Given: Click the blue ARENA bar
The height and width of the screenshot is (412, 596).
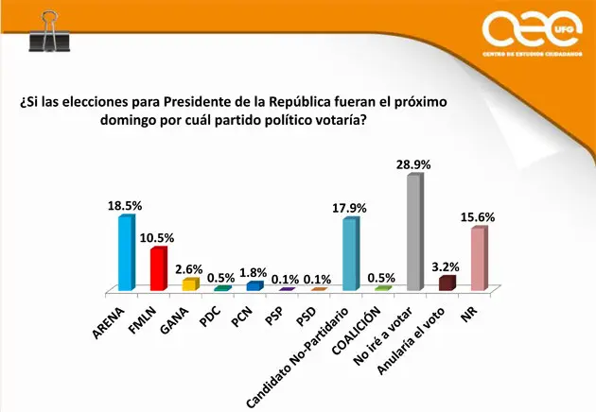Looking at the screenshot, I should (125, 252).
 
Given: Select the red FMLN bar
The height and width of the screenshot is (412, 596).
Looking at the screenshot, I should (158, 267).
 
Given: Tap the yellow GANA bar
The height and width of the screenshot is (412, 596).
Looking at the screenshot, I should (189, 283).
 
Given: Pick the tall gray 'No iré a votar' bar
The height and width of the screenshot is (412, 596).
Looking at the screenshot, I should (412, 232).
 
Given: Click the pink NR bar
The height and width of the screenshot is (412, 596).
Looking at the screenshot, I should (478, 258).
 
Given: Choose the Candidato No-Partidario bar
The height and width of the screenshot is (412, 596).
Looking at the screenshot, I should (349, 253).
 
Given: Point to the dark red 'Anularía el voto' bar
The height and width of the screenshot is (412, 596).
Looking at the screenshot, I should (446, 283).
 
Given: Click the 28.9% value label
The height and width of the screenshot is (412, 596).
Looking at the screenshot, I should (412, 164).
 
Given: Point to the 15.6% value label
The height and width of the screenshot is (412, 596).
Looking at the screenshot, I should (479, 216).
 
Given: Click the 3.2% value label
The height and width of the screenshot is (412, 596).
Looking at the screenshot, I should (446, 266).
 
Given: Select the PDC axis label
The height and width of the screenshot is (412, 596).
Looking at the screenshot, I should (214, 309).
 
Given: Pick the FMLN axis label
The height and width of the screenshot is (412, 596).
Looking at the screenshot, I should (147, 313).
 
